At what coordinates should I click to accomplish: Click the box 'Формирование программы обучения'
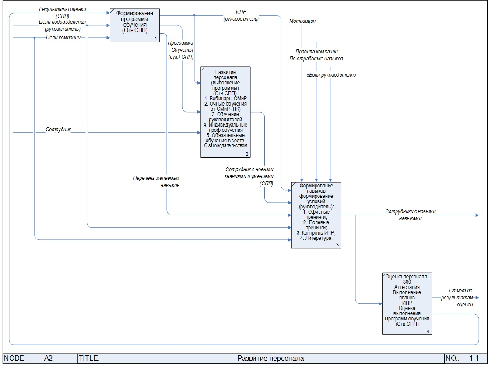(x=134, y=25)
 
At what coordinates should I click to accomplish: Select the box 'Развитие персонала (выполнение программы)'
(x=225, y=112)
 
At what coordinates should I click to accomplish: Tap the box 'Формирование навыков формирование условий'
(x=316, y=215)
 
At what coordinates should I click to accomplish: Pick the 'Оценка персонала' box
(x=407, y=303)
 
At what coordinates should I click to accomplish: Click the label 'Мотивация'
(x=302, y=21)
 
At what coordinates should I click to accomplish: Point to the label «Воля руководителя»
(x=331, y=75)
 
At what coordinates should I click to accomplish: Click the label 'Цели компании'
(x=66, y=38)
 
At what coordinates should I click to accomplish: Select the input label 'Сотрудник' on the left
(x=59, y=130)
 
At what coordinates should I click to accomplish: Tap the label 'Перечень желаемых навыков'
(x=157, y=182)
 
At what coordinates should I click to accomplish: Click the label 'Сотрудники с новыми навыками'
(x=410, y=215)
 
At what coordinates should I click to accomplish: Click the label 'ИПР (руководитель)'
(x=241, y=15)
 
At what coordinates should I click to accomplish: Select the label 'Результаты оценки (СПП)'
(x=63, y=12)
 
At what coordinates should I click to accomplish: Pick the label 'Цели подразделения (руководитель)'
(x=63, y=25)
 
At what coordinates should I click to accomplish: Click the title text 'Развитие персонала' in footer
(x=270, y=359)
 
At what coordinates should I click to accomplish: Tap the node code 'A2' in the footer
(x=48, y=359)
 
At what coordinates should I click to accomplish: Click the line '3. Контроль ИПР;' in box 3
(x=316, y=232)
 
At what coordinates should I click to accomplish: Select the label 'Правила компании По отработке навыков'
(x=316, y=55)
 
